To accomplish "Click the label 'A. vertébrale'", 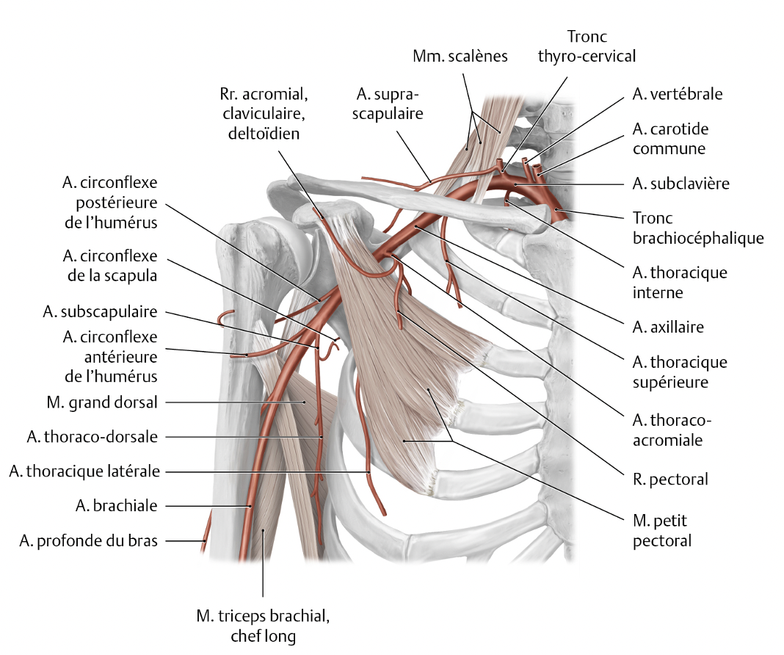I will pos(677,94).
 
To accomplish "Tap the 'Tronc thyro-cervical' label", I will pos(587,46).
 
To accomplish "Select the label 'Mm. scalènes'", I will pos(460,56).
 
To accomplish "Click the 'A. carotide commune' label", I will pos(669,138).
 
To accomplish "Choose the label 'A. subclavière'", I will pos(680,184).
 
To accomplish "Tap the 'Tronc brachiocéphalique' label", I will pos(698,228).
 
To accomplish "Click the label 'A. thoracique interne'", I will pos(679,282).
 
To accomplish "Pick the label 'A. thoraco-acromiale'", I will pos(672,430).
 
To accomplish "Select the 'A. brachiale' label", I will pos(116,505).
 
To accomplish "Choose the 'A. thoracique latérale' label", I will pos(84,471).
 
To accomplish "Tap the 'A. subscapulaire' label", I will pos(100,311).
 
